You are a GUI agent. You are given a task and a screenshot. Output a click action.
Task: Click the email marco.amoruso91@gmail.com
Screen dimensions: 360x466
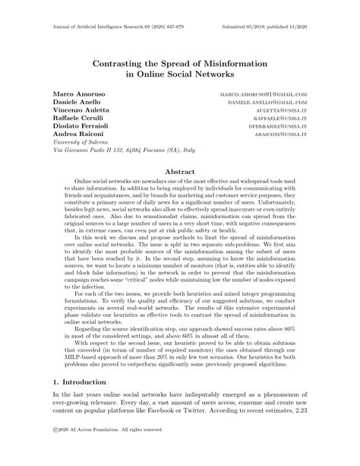coord(262,93)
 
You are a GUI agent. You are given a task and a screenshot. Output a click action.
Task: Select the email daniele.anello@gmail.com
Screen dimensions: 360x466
coord(267,103)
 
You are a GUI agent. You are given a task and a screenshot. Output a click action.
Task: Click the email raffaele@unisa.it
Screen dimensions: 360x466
coord(280,122)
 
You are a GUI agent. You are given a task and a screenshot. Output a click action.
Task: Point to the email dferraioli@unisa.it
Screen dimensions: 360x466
coord(278,132)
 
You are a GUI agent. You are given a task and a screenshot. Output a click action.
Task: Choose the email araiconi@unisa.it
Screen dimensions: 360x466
coord(280,141)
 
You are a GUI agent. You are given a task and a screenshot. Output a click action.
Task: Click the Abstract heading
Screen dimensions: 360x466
coord(179,173)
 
